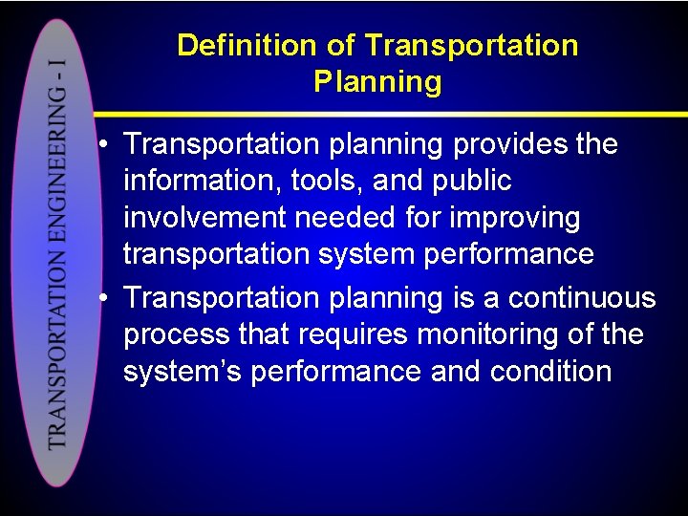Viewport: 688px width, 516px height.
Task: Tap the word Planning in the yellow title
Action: (x=377, y=81)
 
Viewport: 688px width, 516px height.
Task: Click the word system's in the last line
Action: (x=183, y=372)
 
